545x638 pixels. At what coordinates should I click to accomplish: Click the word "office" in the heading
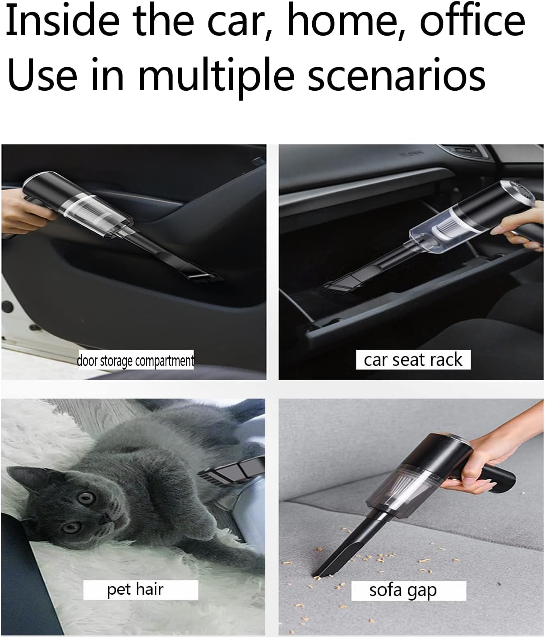tap(473, 21)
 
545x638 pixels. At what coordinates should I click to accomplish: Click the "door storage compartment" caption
tap(136, 360)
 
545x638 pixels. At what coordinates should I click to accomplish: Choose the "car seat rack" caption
tap(413, 360)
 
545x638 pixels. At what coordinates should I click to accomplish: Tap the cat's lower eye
tap(71, 527)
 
